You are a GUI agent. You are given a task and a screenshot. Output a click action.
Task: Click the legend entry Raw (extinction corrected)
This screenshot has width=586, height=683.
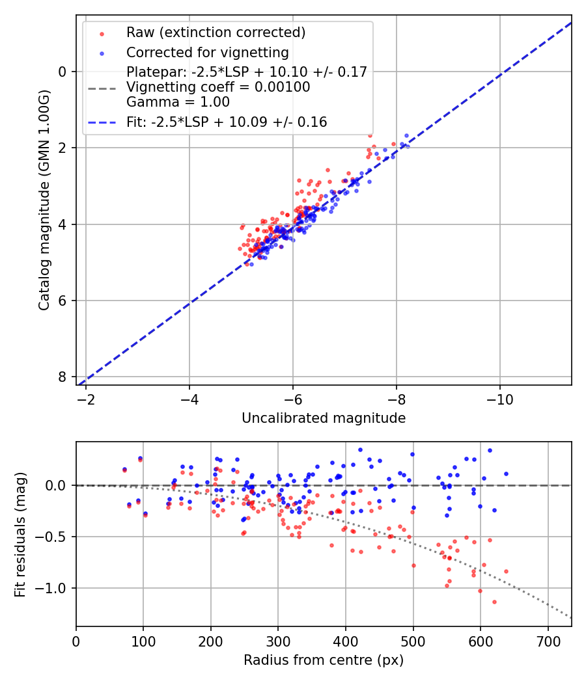216,33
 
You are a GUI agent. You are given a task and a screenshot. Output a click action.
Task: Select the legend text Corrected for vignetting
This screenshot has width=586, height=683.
208,52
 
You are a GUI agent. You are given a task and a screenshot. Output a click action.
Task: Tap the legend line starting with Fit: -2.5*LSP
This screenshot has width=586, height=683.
227,122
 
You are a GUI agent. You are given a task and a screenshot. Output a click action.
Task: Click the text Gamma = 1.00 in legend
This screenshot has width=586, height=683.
178,101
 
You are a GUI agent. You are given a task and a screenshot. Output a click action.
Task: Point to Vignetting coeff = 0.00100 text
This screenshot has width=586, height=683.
218,87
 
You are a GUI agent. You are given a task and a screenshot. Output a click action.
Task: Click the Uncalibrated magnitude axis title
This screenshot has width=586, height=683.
324,418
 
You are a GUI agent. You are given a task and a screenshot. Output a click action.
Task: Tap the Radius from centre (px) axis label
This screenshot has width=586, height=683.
324,660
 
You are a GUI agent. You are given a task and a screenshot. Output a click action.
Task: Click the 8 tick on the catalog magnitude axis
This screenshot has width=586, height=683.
63,377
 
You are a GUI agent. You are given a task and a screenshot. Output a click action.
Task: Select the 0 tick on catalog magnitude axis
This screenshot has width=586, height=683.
63,72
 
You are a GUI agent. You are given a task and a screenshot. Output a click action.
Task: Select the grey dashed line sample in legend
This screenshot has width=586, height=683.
102,87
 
